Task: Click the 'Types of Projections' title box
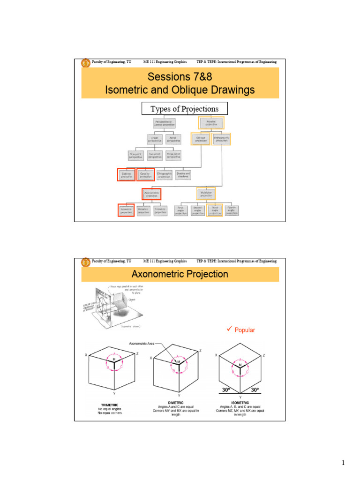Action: pos(184,109)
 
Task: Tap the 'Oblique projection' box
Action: pos(200,139)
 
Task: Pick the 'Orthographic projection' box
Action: pos(222,139)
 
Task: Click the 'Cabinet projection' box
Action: pos(127,175)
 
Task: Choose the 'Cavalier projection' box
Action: pos(145,175)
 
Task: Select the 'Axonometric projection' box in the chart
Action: pos(151,193)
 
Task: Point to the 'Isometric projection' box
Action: pos(126,210)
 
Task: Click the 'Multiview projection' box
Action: pos(206,193)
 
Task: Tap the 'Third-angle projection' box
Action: pos(215,210)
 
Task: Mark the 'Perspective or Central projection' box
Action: pos(164,123)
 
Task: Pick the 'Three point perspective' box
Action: pos(174,155)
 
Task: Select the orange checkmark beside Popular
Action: pos(229,330)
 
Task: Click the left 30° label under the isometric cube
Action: pos(227,390)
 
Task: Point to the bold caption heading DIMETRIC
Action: pos(176,402)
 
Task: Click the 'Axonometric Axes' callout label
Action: pos(142,344)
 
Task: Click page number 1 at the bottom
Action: pos(343,464)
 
